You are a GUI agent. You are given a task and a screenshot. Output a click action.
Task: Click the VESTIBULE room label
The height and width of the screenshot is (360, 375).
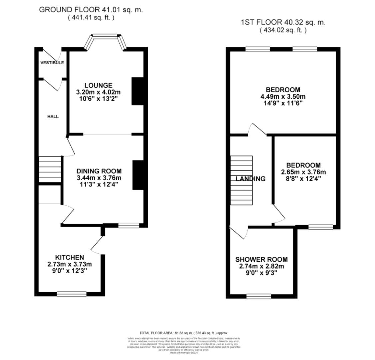(x=52, y=63)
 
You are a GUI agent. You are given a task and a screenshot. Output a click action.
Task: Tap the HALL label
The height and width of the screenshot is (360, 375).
(x=53, y=116)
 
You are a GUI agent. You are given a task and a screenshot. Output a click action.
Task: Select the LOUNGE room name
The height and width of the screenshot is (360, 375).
(x=98, y=85)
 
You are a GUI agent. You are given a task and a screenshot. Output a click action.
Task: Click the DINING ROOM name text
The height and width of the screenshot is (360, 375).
(x=99, y=171)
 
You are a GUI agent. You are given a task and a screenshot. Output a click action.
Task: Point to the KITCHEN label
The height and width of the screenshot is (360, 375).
(x=69, y=257)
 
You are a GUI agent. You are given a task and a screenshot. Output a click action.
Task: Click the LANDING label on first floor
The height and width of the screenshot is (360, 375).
(x=251, y=179)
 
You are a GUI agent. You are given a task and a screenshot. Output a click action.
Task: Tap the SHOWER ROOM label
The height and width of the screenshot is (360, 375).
(x=261, y=259)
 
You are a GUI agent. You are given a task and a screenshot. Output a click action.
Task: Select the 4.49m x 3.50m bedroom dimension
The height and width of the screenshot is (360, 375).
(x=283, y=97)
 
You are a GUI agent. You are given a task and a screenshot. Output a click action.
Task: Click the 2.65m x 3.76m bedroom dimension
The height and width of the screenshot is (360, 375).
(x=303, y=172)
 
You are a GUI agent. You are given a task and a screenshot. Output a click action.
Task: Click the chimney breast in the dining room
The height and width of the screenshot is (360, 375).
(x=138, y=175)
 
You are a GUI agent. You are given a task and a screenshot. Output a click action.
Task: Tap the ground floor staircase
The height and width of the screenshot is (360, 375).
(x=50, y=169)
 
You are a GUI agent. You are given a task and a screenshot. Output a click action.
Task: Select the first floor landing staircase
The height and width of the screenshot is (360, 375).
(x=242, y=180)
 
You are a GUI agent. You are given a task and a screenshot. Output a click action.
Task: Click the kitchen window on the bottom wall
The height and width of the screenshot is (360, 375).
(x=71, y=294)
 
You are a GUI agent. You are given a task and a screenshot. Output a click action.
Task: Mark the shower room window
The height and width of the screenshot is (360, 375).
(x=259, y=296)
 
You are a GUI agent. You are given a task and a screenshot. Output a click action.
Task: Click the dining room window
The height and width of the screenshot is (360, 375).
(x=129, y=226)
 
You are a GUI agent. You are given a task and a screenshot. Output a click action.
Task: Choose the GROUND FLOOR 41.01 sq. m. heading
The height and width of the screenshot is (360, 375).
(x=91, y=10)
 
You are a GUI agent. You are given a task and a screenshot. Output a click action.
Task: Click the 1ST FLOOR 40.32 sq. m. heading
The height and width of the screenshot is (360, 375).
(x=283, y=22)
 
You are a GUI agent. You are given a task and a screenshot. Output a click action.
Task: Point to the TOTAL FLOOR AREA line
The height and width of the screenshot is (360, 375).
(x=184, y=333)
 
